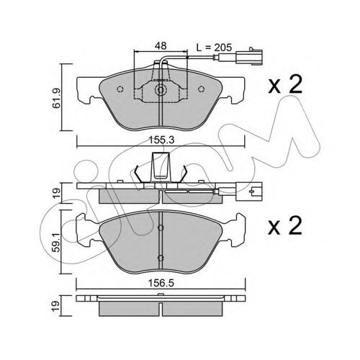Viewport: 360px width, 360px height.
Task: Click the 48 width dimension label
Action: tap(161, 45)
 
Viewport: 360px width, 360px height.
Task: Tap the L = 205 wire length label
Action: tap(214, 48)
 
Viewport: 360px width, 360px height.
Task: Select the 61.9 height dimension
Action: tap(57, 98)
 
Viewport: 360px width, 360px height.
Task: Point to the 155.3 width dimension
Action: tap(161, 140)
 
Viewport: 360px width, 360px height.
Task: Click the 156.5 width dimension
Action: tap(161, 284)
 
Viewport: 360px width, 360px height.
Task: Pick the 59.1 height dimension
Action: tap(57, 242)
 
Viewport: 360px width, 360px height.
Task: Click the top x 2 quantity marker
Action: tap(285, 84)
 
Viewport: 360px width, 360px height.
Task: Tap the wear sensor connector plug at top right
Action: tap(249, 56)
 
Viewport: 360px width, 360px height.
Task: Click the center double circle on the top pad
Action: tap(161, 90)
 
